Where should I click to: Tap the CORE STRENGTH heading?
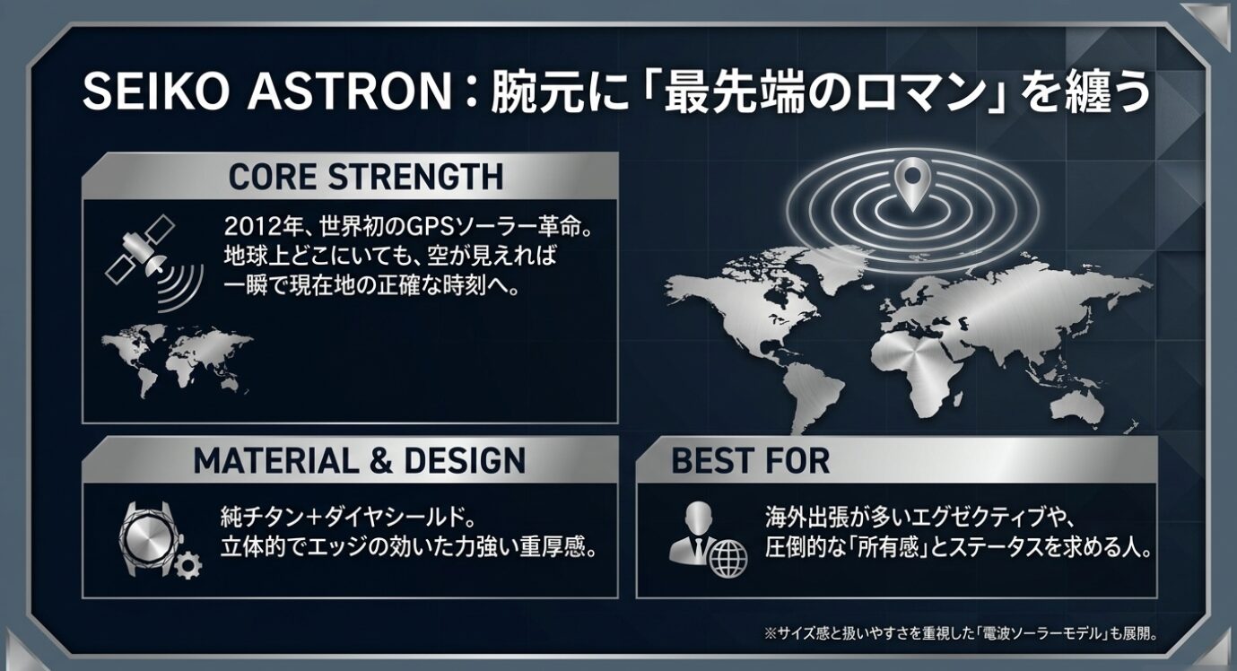[365, 177]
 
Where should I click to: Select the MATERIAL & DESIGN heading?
[359, 461]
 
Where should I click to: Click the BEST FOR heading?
[750, 461]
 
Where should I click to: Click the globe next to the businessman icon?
[727, 559]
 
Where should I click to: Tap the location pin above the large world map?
[911, 182]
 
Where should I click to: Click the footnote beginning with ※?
[961, 633]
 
